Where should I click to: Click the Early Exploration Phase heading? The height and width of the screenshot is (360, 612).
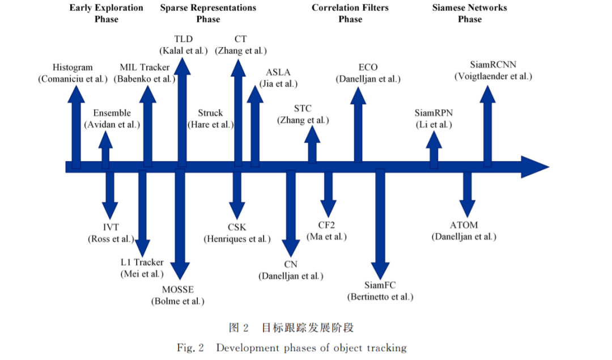tap(106, 14)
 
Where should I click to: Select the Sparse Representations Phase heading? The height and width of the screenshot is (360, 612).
tap(208, 14)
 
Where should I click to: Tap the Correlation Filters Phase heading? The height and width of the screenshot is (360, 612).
tap(350, 14)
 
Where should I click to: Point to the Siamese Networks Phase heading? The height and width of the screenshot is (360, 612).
tap(469, 14)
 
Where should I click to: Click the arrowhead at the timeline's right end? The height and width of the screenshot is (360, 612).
tap(535, 167)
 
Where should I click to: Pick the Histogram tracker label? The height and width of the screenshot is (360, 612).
tap(73, 67)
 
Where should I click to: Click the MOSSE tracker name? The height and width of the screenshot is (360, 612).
tap(178, 290)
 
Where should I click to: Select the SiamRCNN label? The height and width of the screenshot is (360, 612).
tap(493, 65)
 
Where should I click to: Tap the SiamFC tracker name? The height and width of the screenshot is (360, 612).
tap(380, 285)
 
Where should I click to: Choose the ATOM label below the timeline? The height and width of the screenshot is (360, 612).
tap(464, 225)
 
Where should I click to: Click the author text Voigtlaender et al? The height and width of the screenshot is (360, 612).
tap(493, 76)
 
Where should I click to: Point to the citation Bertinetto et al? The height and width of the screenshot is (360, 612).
tap(380, 297)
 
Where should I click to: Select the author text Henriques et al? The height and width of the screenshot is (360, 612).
tap(237, 239)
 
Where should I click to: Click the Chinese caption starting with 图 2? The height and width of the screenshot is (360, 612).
tap(291, 328)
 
